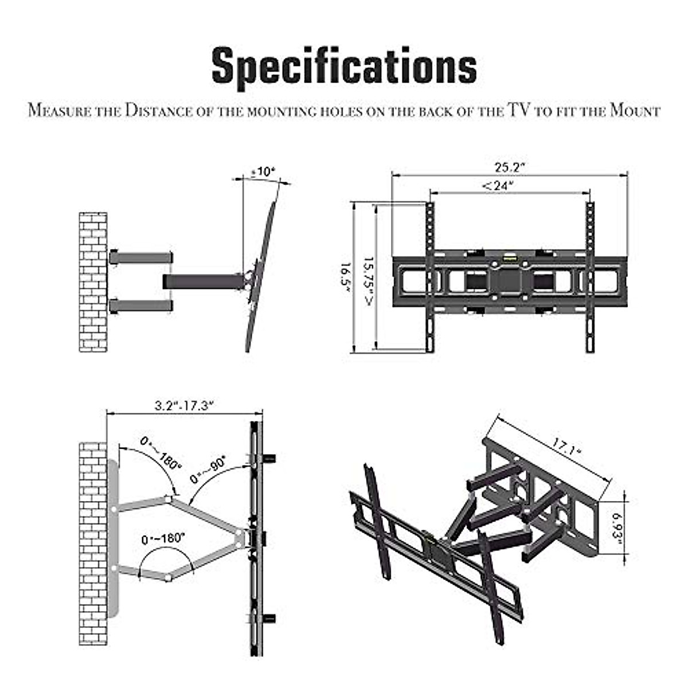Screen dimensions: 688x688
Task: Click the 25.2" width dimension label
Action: click(x=510, y=167)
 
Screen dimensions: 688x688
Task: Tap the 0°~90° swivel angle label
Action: click(x=208, y=469)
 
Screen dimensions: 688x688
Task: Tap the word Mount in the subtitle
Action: click(x=635, y=110)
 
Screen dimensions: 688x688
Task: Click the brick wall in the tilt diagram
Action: click(x=93, y=282)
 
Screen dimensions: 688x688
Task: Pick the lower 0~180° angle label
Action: click(x=163, y=540)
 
